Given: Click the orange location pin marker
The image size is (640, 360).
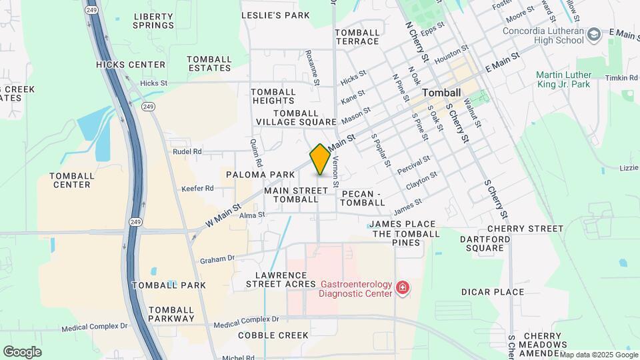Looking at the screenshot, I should click(x=321, y=159).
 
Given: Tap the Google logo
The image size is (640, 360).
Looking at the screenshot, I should click(x=22, y=351).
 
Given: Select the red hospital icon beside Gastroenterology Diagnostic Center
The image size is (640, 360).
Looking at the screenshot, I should click(x=403, y=288).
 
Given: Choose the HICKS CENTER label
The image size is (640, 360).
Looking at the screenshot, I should click(x=131, y=65).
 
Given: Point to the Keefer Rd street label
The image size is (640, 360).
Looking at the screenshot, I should click(x=197, y=189).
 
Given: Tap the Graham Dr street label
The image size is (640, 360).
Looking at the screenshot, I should click(x=217, y=259).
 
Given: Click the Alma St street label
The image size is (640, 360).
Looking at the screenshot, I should click(x=253, y=215).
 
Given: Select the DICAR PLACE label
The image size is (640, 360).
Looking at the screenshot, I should click(x=493, y=292).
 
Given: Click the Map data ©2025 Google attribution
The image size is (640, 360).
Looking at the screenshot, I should click(x=599, y=355).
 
